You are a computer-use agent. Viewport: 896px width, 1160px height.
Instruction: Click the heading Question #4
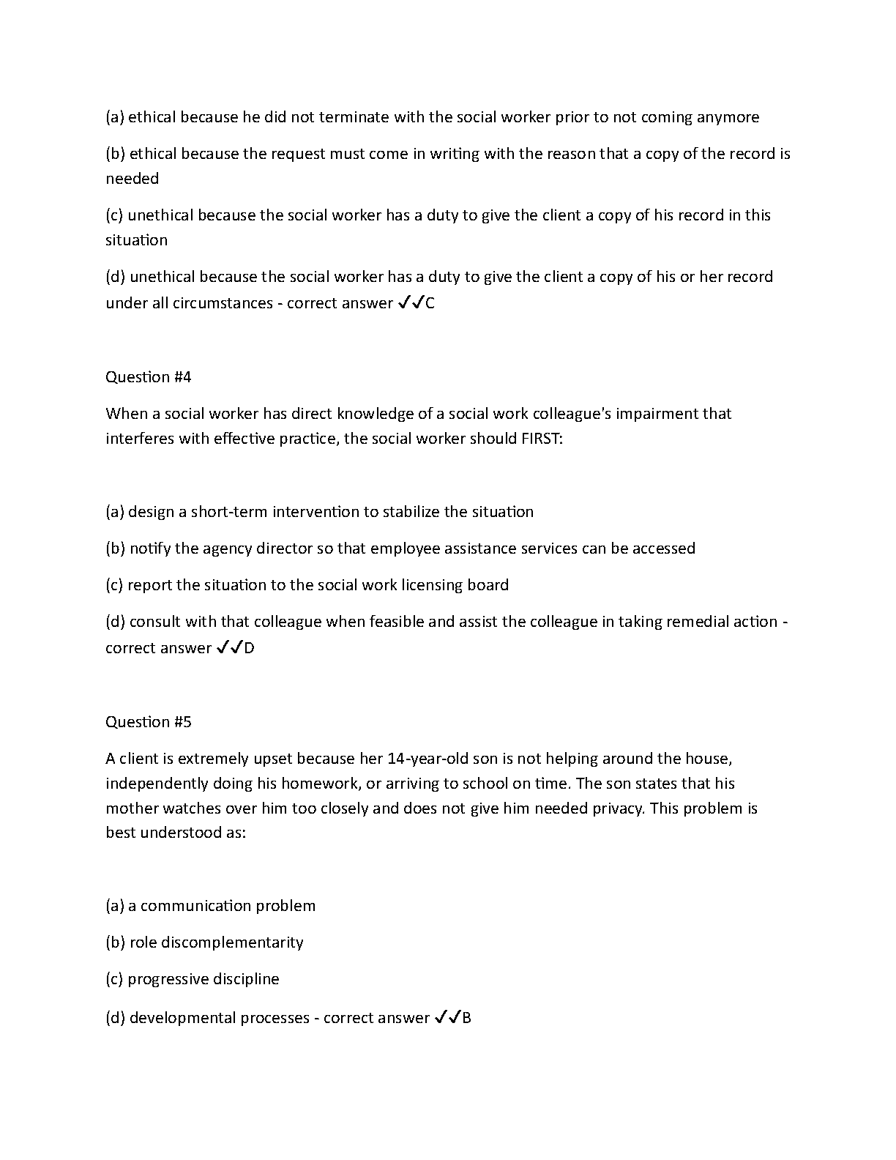coord(148,377)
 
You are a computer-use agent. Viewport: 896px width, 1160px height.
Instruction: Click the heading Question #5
coord(148,722)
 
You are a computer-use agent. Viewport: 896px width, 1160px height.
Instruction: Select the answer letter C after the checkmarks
coord(430,303)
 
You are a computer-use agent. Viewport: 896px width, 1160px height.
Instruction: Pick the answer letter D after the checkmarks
coord(249,648)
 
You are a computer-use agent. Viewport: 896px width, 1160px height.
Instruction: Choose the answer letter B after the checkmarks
coord(467,1018)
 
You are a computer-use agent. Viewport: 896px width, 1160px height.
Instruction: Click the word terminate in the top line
coord(355,117)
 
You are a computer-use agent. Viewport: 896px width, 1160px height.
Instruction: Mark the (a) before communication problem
coord(115,906)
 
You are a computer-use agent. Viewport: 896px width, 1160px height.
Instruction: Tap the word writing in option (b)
coord(455,154)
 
